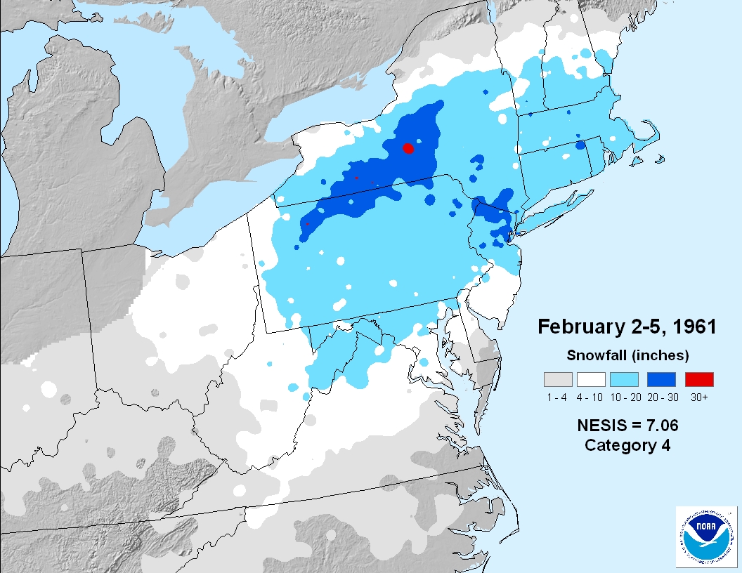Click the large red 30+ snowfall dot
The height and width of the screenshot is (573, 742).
click(x=408, y=147)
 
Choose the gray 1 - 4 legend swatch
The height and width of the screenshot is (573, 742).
click(x=558, y=379)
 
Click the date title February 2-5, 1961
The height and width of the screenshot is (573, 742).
click(x=627, y=327)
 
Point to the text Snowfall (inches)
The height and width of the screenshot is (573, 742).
click(x=627, y=355)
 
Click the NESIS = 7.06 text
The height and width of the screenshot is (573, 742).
click(x=627, y=425)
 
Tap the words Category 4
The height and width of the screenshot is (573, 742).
click(x=627, y=445)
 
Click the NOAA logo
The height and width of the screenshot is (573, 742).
click(x=704, y=536)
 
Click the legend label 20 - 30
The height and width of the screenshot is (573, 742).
click(x=661, y=397)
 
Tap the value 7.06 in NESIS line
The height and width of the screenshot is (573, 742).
click(x=660, y=425)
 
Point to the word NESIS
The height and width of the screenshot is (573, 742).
click(x=601, y=425)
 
